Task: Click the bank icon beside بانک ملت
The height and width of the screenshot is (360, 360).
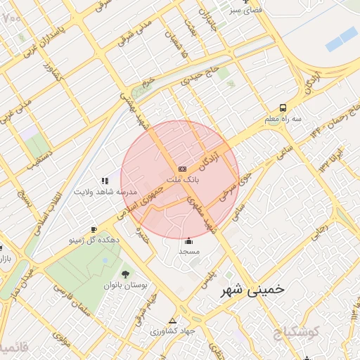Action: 182,169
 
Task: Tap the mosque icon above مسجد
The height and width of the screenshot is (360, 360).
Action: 188,240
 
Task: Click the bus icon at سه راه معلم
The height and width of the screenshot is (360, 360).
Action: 282,108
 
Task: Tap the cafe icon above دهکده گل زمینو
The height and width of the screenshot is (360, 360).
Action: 94,229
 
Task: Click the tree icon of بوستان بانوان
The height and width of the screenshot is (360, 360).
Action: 125,274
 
